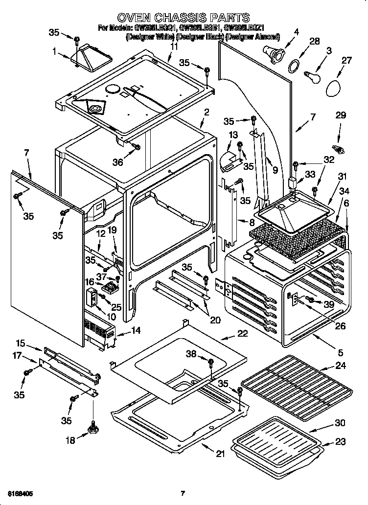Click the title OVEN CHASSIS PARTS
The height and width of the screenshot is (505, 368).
click(x=184, y=18)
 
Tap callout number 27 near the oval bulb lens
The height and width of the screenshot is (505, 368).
click(x=346, y=60)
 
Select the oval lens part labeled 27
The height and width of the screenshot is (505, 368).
click(x=335, y=88)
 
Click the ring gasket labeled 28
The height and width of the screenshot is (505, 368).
click(x=293, y=65)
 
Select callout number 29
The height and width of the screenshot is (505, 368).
click(x=341, y=115)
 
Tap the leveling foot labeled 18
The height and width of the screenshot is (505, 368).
click(x=92, y=429)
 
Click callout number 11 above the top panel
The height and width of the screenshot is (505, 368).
click(x=174, y=46)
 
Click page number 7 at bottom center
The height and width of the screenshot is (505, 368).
click(x=182, y=493)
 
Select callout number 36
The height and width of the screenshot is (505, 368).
click(x=118, y=162)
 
